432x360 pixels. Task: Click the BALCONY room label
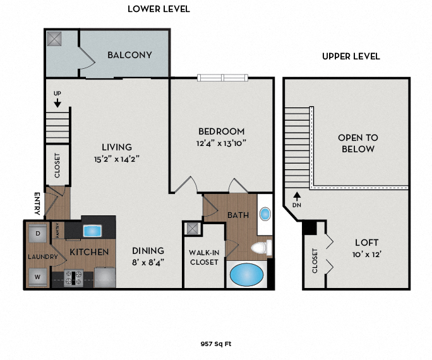click(129, 55)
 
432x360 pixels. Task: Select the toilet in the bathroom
click(260, 246)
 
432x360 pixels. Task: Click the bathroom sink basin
click(265, 213)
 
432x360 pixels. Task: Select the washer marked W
click(37, 276)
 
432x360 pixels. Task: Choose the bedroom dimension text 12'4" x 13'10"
click(221, 143)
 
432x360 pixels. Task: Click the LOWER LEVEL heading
click(159, 9)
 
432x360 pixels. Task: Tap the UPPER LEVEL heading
click(351, 56)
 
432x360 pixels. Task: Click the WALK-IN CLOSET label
click(204, 257)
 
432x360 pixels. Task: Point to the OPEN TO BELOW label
click(357, 143)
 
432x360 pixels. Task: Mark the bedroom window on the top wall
click(225, 78)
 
